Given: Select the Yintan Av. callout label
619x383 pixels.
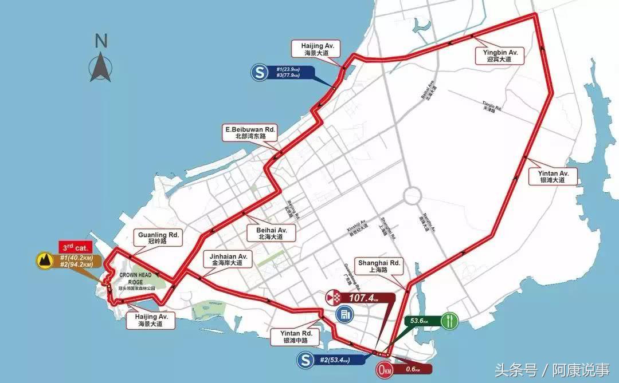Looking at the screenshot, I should [553, 176].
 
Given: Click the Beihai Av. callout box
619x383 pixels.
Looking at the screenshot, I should [267, 232].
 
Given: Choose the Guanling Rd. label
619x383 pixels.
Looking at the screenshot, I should [159, 238].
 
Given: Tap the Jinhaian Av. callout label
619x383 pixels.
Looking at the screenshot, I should [228, 260].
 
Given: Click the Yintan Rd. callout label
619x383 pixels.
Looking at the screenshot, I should [296, 337].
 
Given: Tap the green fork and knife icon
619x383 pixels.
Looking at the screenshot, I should [451, 319].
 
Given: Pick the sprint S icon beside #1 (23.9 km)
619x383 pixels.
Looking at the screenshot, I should [260, 72].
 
